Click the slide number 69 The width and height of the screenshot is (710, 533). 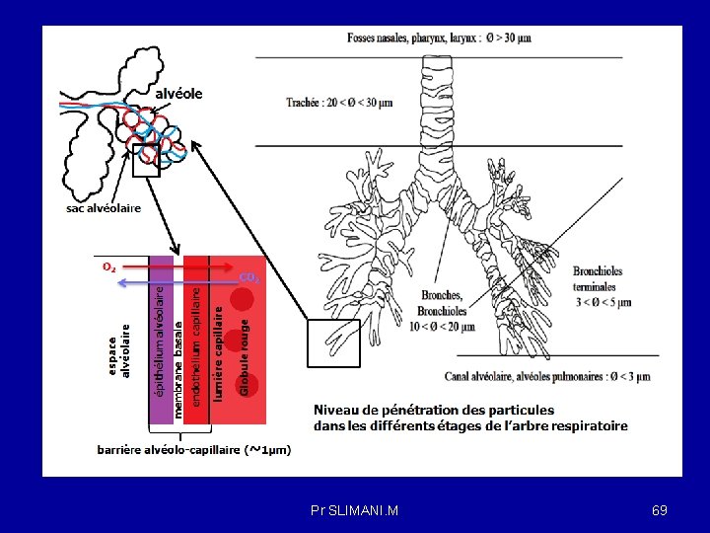pyautogui.click(x=660, y=510)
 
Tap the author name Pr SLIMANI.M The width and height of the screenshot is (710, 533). pyautogui.click(x=354, y=510)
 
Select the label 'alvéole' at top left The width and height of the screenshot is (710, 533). pyautogui.click(x=177, y=94)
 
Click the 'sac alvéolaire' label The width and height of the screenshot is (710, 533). pyautogui.click(x=104, y=208)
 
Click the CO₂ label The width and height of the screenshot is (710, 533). pyautogui.click(x=250, y=278)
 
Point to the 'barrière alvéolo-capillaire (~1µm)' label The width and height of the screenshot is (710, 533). pyautogui.click(x=193, y=450)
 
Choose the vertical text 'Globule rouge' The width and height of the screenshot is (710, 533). pyautogui.click(x=245, y=351)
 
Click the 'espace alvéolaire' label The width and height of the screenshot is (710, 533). pyautogui.click(x=118, y=351)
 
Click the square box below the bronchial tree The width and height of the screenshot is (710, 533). pyautogui.click(x=334, y=343)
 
